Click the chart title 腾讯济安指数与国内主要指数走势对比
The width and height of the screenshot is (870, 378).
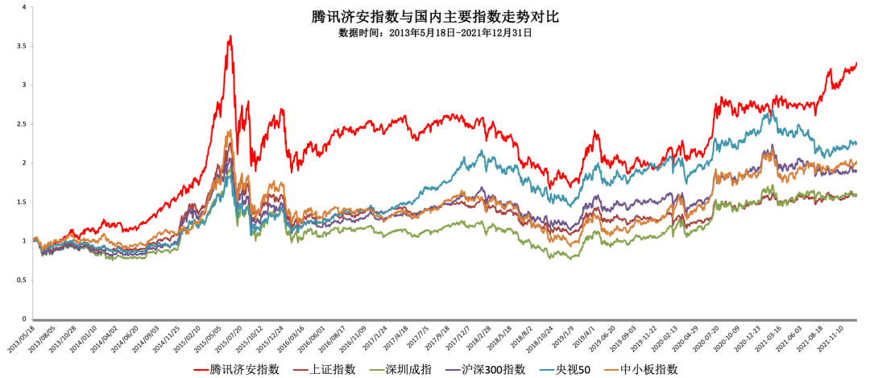click(x=435, y=16)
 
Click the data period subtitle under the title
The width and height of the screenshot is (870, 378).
click(x=435, y=33)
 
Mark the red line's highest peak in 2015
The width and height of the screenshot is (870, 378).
click(x=231, y=35)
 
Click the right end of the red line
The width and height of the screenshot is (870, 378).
click(x=856, y=63)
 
